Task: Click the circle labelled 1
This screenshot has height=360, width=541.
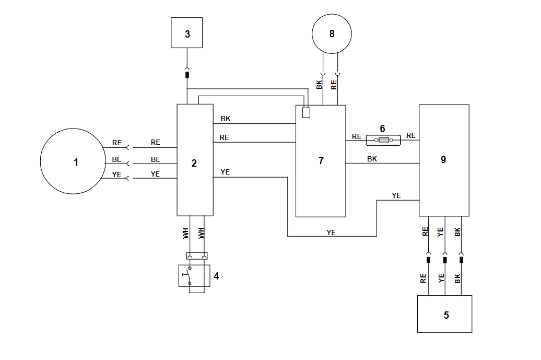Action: tap(76, 162)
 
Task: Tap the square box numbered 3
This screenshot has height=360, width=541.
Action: tap(187, 33)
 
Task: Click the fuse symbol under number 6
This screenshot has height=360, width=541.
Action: tap(383, 140)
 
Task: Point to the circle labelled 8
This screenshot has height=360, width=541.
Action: tap(332, 33)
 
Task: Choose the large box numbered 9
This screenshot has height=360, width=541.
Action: tap(443, 160)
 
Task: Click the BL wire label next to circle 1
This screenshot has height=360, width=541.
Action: tap(116, 159)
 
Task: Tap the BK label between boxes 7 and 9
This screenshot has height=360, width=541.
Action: tap(372, 158)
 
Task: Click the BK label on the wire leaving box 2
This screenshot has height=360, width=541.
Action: tap(225, 119)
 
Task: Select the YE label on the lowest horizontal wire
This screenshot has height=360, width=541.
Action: tap(331, 233)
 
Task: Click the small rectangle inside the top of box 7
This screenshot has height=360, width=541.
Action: tap(306, 112)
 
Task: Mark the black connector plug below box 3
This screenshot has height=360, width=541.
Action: tap(187, 75)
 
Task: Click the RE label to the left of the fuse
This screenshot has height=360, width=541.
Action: tap(356, 136)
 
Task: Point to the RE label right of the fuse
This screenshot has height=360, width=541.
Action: tap(411, 136)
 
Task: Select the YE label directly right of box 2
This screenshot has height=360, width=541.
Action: tap(225, 172)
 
